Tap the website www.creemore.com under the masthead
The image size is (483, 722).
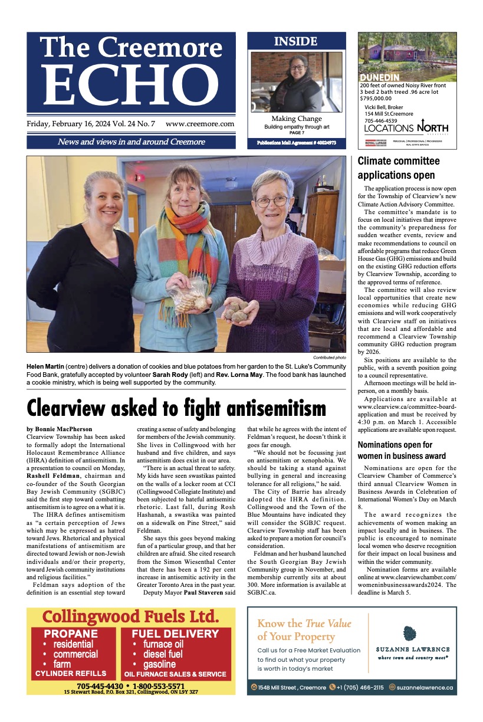coord(200,124)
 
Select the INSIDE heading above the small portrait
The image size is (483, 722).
coord(296,41)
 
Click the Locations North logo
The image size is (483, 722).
coord(406,128)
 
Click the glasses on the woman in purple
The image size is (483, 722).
coord(273,201)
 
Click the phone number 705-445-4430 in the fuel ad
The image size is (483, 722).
coord(99,687)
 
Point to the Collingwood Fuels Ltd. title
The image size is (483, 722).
coord(130,617)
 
